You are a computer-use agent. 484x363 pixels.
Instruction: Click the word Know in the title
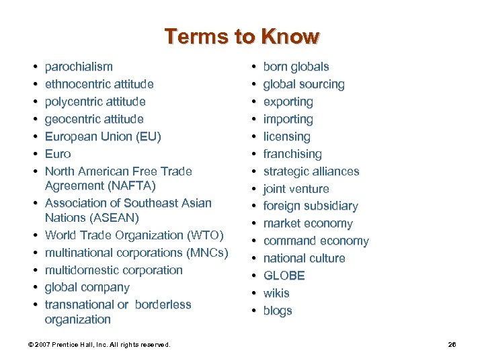point(291,36)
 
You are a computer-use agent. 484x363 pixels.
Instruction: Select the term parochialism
point(79,67)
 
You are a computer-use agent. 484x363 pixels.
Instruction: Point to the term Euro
point(58,154)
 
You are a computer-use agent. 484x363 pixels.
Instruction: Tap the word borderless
point(163,305)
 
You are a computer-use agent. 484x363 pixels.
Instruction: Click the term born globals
point(296,67)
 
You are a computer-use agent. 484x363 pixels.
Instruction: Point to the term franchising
point(292,154)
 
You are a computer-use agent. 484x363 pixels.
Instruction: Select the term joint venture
point(296,189)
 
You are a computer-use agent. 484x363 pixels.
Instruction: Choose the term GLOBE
point(284,276)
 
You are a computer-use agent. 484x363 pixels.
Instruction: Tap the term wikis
point(276,293)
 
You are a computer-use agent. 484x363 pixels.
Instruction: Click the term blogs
point(278,311)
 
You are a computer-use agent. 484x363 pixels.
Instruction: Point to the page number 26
point(452,345)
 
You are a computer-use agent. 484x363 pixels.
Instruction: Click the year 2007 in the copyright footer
point(42,345)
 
